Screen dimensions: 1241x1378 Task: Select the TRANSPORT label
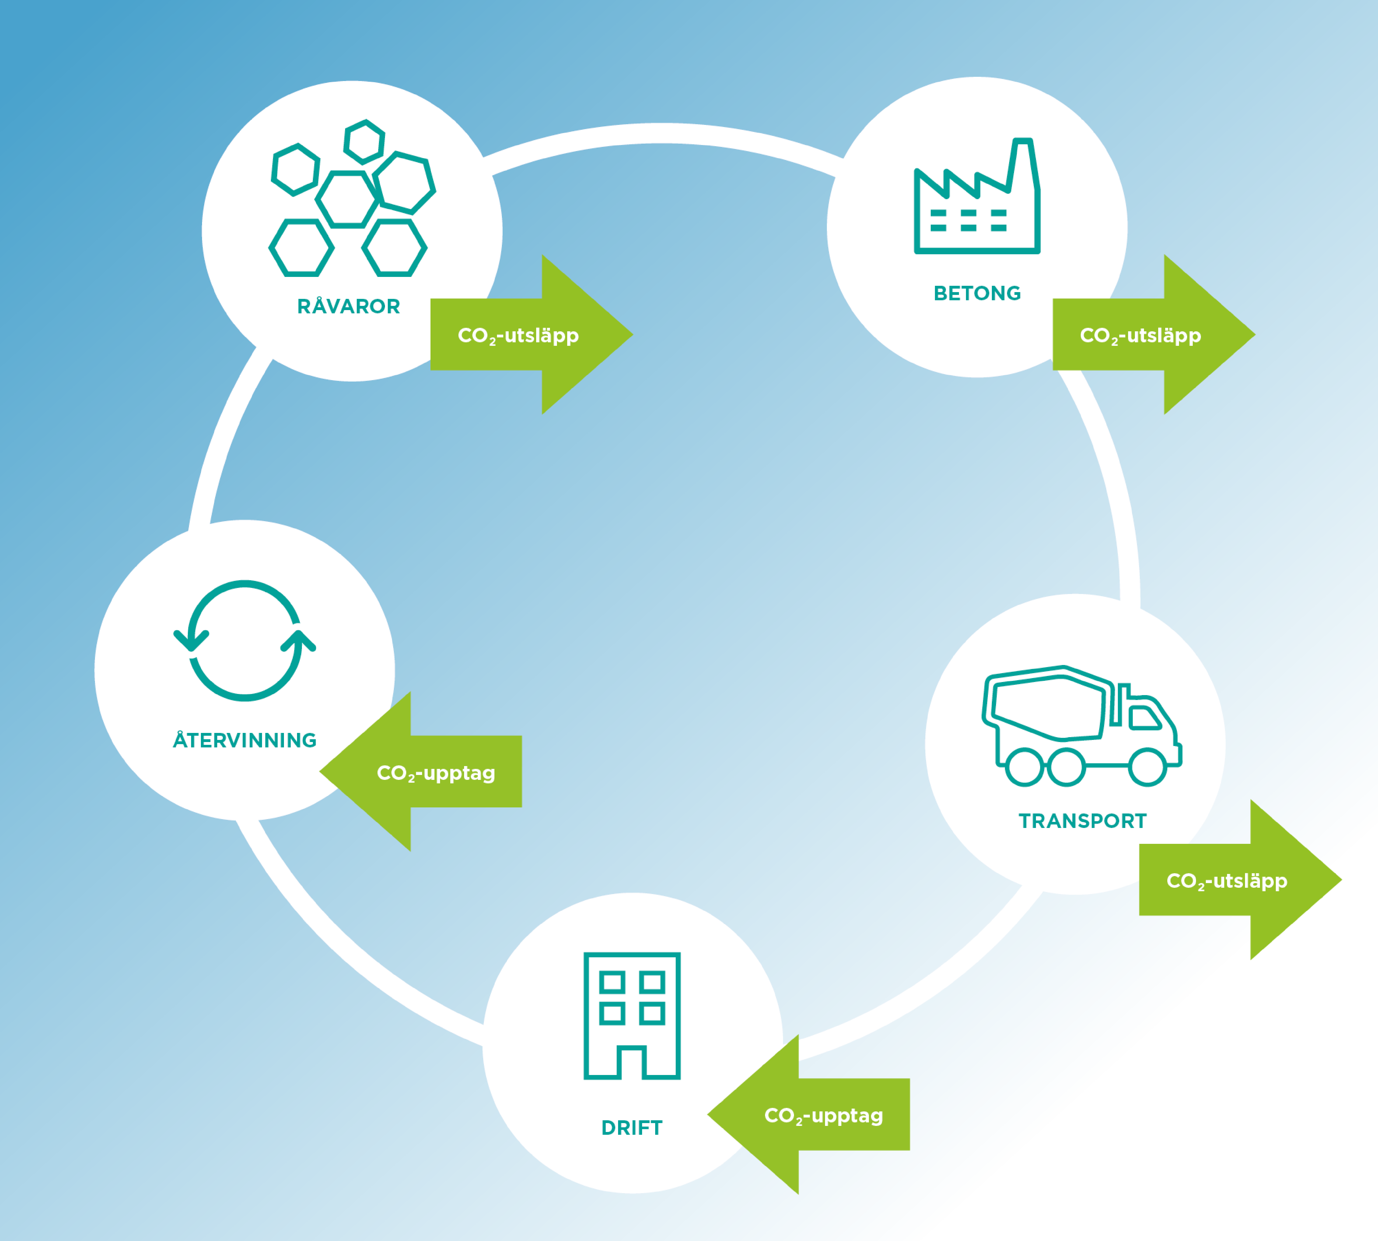click(x=1082, y=821)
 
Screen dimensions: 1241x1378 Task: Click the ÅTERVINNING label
click(x=245, y=740)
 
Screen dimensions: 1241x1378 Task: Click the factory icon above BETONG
click(x=977, y=198)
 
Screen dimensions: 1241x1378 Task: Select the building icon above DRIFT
click(x=632, y=1016)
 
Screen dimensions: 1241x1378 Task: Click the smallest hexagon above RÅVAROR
click(x=364, y=142)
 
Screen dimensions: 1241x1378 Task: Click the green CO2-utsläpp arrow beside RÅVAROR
click(x=532, y=335)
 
